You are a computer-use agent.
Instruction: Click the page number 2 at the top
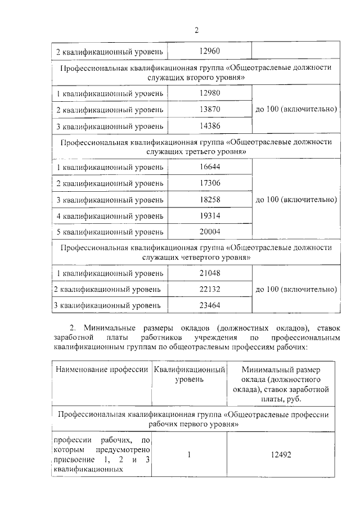point(197,29)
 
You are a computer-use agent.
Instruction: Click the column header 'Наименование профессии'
point(101,370)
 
